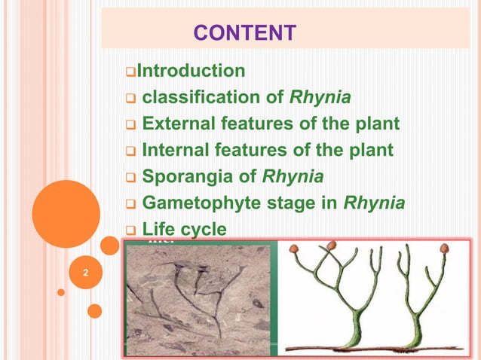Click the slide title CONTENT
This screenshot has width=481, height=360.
(244, 32)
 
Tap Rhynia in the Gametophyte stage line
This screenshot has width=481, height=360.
(374, 203)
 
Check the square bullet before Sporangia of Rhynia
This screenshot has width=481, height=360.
(129, 178)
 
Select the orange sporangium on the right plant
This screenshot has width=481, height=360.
(444, 248)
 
